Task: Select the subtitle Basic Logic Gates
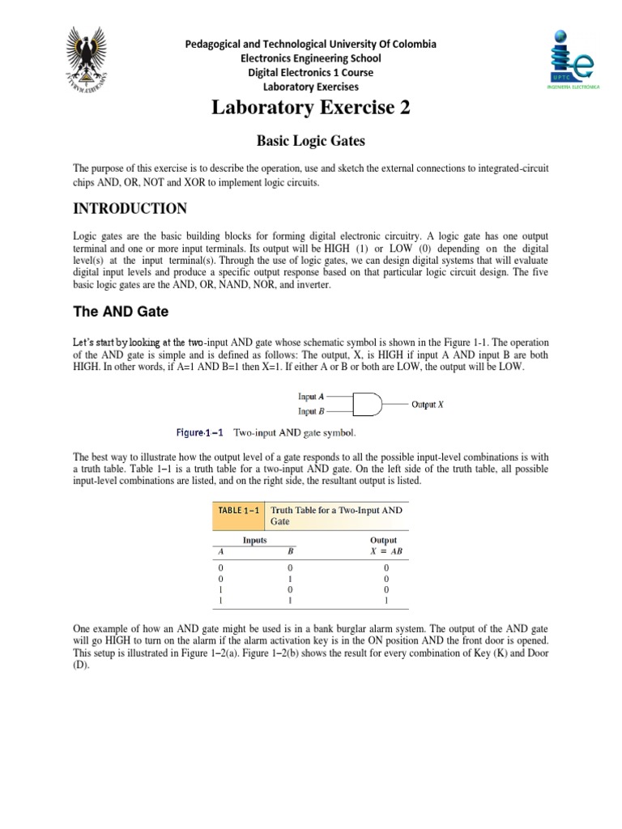coord(311,141)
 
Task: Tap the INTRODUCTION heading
coord(130,209)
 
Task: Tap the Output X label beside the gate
coord(428,404)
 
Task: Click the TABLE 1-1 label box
coord(238,511)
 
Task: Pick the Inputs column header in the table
coord(255,540)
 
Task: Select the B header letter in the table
coord(289,551)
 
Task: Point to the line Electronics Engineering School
coord(311,58)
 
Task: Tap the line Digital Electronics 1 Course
coord(311,72)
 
